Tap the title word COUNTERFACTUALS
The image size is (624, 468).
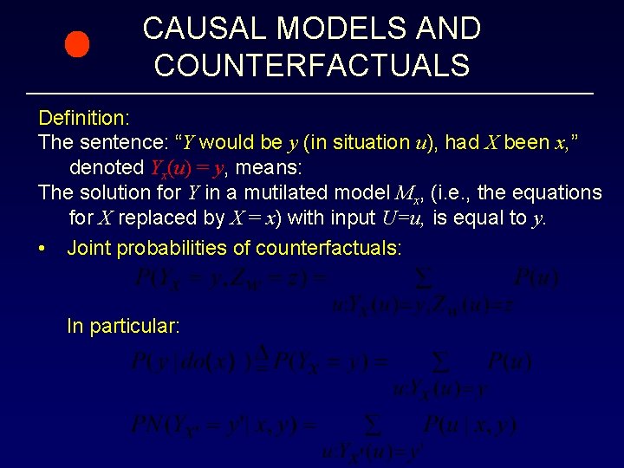[312, 65]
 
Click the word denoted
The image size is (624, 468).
[107, 167]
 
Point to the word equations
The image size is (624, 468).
[551, 192]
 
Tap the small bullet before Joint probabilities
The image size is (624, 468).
[42, 249]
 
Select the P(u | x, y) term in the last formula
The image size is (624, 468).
[470, 425]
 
